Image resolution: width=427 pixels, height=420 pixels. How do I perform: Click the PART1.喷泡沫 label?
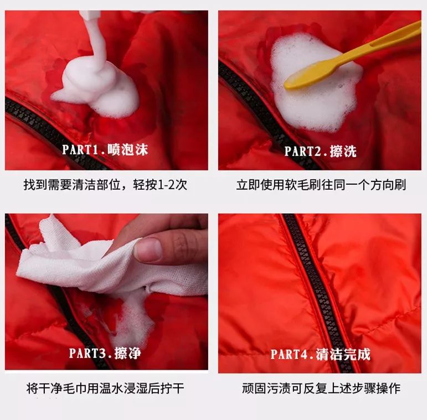point(105,149)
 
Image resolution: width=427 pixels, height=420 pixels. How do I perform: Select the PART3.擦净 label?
point(105,352)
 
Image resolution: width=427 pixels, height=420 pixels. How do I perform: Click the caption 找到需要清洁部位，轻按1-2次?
point(105,185)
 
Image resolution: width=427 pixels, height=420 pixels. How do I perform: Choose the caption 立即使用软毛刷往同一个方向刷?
point(321,185)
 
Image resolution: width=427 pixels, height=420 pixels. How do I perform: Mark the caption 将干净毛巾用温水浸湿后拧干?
point(105,388)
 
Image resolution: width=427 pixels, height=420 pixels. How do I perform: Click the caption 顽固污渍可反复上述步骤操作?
point(321,388)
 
